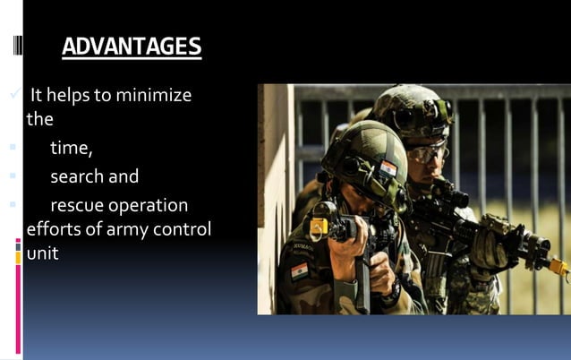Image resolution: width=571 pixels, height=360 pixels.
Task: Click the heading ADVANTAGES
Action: tap(132, 47)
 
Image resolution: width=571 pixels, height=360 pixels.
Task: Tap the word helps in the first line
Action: tap(75, 95)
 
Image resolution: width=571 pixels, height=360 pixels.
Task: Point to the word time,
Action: tap(71, 148)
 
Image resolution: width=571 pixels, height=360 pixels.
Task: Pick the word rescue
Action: tap(75, 206)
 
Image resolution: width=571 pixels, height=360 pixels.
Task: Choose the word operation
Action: tap(146, 206)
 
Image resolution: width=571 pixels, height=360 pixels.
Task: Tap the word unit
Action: tap(42, 253)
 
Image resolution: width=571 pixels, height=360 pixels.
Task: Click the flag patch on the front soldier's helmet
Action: tap(388, 167)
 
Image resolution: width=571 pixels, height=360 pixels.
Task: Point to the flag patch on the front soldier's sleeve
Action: tap(299, 270)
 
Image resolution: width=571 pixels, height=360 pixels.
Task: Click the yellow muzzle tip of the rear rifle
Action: tap(559, 266)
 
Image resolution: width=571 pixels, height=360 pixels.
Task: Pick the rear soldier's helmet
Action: tap(412, 108)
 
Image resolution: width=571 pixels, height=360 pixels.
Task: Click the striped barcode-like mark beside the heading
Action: tap(18, 45)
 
